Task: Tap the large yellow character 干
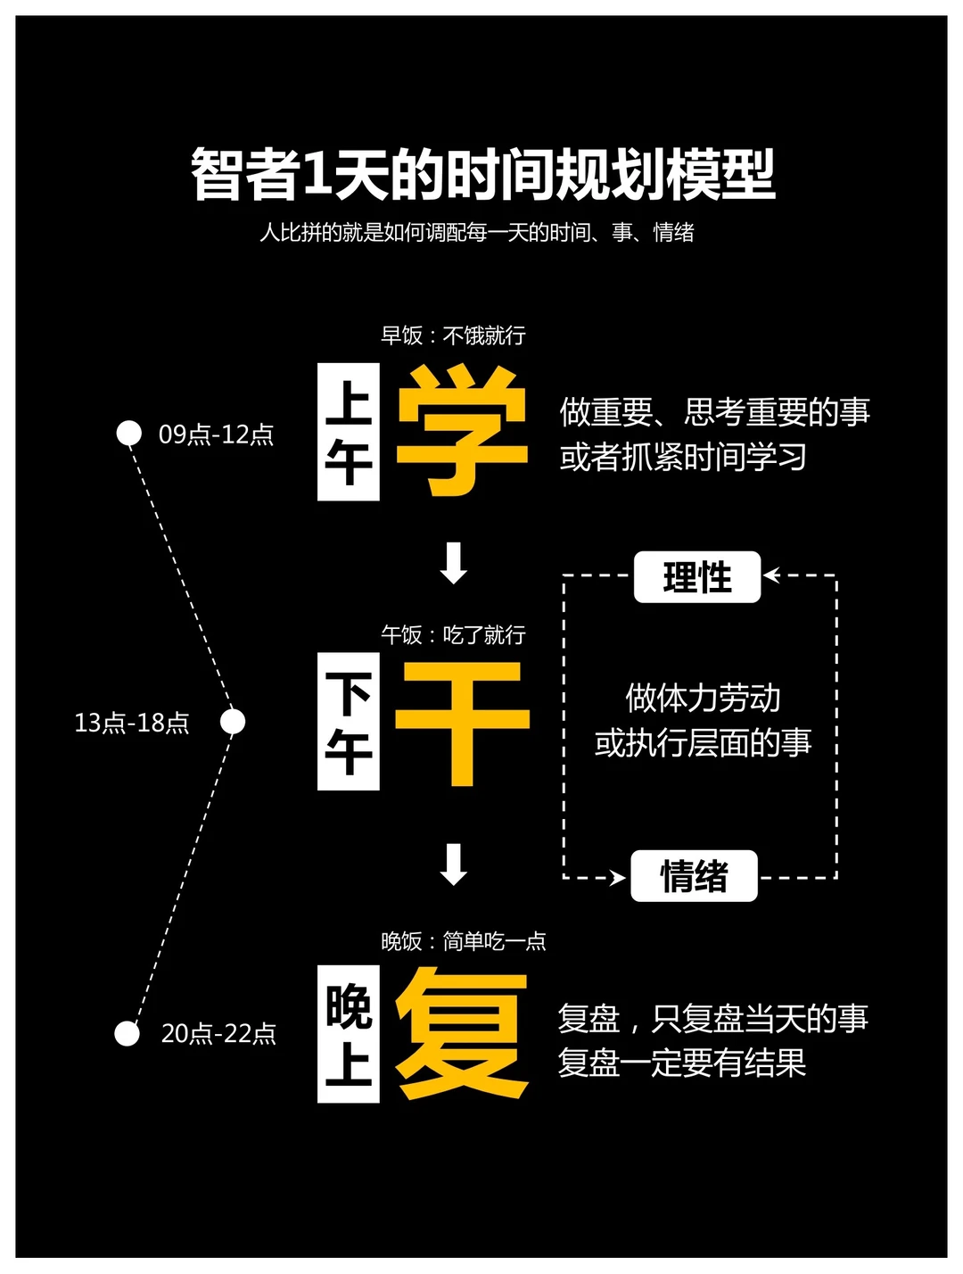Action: [462, 724]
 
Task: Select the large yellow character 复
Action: [462, 1033]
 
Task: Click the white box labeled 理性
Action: [696, 577]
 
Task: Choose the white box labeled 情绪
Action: [694, 876]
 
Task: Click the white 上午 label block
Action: [349, 431]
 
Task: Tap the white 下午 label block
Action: [349, 721]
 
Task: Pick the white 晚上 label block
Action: [349, 1034]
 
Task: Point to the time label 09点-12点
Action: [216, 434]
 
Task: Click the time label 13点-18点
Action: [132, 723]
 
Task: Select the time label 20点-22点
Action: [218, 1034]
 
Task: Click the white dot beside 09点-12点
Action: [129, 433]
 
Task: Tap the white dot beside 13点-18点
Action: [233, 722]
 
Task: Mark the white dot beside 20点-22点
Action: [128, 1034]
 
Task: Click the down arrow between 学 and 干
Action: [454, 563]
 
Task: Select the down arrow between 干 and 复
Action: [454, 864]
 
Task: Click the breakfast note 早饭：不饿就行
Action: [453, 335]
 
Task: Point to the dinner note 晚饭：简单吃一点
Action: [464, 941]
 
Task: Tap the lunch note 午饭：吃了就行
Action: [453, 635]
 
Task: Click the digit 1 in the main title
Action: [316, 174]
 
